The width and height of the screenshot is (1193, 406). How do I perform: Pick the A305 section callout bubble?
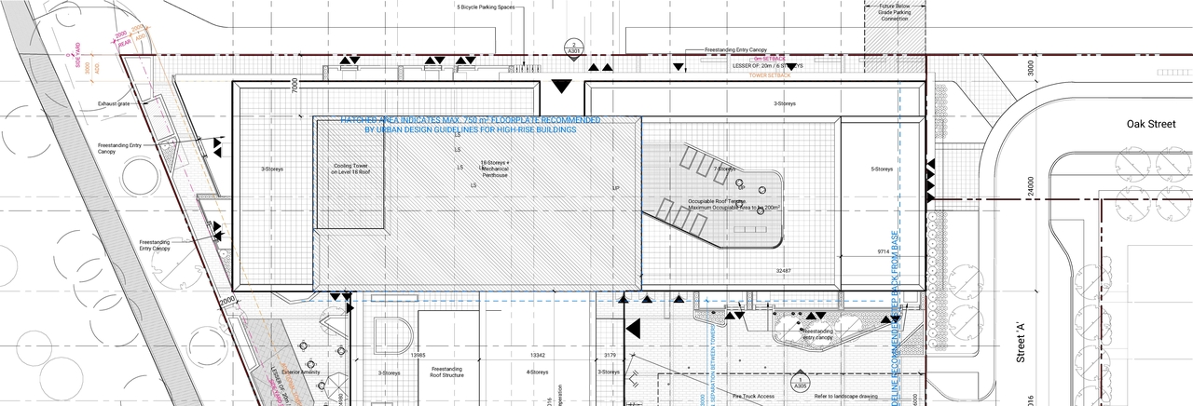pos(800,383)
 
